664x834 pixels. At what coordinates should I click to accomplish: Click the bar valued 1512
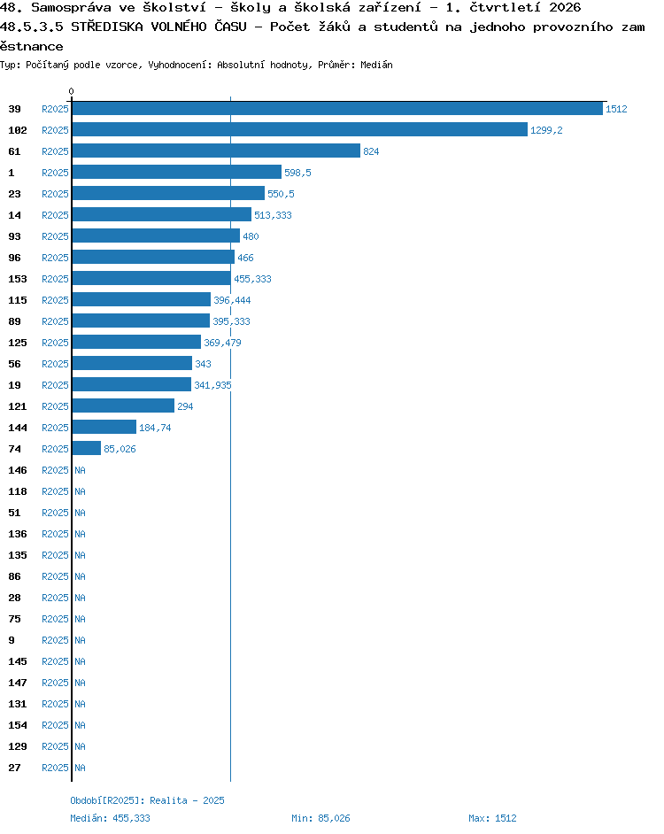[337, 109]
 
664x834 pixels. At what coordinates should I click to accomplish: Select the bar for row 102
[300, 130]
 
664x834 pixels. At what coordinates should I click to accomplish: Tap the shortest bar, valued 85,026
[87, 448]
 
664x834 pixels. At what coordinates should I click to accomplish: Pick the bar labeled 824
[217, 151]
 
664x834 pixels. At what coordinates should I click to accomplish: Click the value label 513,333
[273, 215]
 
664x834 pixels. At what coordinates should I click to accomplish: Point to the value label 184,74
[155, 428]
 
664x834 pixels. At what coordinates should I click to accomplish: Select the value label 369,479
[222, 343]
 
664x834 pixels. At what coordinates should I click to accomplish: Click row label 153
[18, 279]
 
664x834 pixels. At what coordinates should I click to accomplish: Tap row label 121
[18, 406]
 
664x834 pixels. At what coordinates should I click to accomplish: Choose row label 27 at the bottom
[14, 768]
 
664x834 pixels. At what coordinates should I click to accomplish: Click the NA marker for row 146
[80, 470]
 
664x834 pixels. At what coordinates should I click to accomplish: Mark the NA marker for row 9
[80, 640]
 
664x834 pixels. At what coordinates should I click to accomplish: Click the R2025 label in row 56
[55, 364]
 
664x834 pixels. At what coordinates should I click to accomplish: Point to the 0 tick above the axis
[72, 91]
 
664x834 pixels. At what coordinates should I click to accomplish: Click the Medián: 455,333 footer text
[110, 818]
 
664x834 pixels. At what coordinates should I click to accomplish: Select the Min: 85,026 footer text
[320, 818]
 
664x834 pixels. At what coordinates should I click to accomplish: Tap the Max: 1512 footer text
[492, 818]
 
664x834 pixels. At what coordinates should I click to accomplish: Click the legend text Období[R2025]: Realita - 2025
[147, 800]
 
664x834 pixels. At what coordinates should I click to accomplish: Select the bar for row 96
[153, 258]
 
